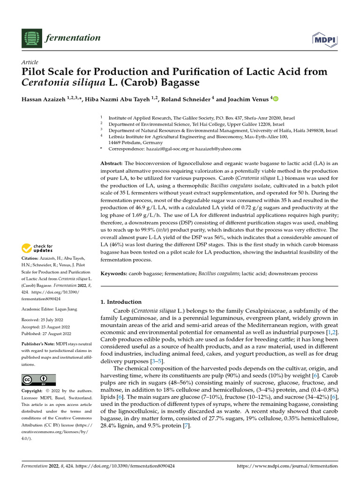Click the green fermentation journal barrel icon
pyautogui.click(x=31, y=37)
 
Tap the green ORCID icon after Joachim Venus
pyautogui.click(x=275, y=99)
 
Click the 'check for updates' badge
pyautogui.click(x=37, y=248)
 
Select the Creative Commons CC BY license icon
pyautogui.click(x=38, y=380)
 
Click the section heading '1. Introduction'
pyautogui.click(x=121, y=302)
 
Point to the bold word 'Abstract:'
pyautogui.click(x=112, y=163)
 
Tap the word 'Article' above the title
pyautogui.click(x=30, y=62)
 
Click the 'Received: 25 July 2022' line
pyautogui.click(x=45, y=320)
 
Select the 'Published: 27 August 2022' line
pyautogui.click(x=46, y=333)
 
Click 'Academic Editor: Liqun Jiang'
pyautogui.click(x=51, y=309)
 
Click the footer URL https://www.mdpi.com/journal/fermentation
pyautogui.click(x=287, y=466)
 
